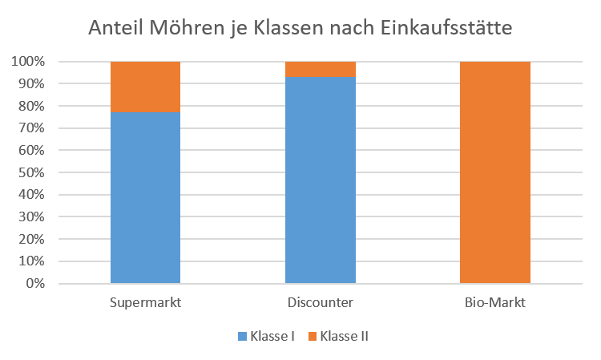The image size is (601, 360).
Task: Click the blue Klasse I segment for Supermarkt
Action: (x=145, y=197)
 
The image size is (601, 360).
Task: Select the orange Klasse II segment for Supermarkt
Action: (x=145, y=87)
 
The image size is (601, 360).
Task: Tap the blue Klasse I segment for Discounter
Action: (x=321, y=180)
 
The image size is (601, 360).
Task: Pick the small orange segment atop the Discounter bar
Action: (x=321, y=69)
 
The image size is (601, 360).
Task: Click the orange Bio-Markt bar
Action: (x=495, y=172)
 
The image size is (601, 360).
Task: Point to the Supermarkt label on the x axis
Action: (x=145, y=302)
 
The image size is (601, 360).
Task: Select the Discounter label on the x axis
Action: (x=321, y=302)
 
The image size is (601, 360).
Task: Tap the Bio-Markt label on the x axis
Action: (x=495, y=302)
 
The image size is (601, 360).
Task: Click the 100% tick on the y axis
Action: (x=28, y=62)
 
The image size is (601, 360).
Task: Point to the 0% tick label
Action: (x=34, y=284)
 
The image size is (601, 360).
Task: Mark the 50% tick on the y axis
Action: (x=30, y=172)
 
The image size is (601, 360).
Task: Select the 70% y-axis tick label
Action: (x=30, y=128)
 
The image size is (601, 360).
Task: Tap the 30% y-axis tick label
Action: (x=30, y=217)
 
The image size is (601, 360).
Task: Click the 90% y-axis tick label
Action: (x=30, y=84)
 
